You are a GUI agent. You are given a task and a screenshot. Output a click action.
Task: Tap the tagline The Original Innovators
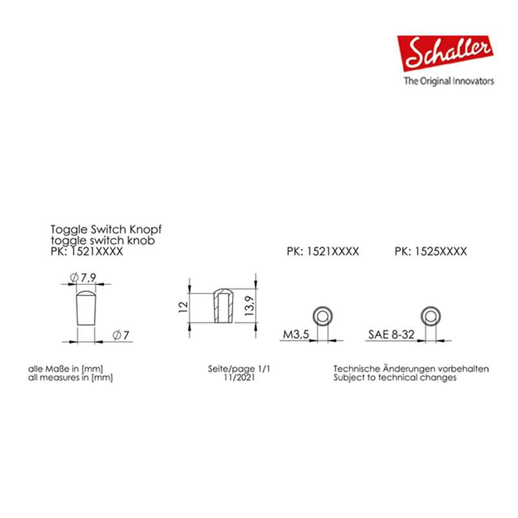coord(449,82)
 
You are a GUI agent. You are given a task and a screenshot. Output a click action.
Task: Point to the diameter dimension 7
coord(122,335)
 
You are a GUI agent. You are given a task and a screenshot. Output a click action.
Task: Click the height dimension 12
coord(183,304)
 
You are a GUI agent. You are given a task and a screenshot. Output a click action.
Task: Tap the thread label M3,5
coord(295,335)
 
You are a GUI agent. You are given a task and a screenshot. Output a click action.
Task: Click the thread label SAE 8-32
coord(390,335)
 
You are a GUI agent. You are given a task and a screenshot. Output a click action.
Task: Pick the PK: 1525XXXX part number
coord(430,251)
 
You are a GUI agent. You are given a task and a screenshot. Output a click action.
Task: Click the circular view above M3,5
coord(321,316)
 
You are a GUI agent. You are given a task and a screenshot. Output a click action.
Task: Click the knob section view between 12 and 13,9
coord(221,305)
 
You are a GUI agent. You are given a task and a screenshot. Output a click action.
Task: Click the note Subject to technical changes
coord(395,377)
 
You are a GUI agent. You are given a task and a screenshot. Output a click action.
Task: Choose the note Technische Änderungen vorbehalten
coord(411,368)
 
